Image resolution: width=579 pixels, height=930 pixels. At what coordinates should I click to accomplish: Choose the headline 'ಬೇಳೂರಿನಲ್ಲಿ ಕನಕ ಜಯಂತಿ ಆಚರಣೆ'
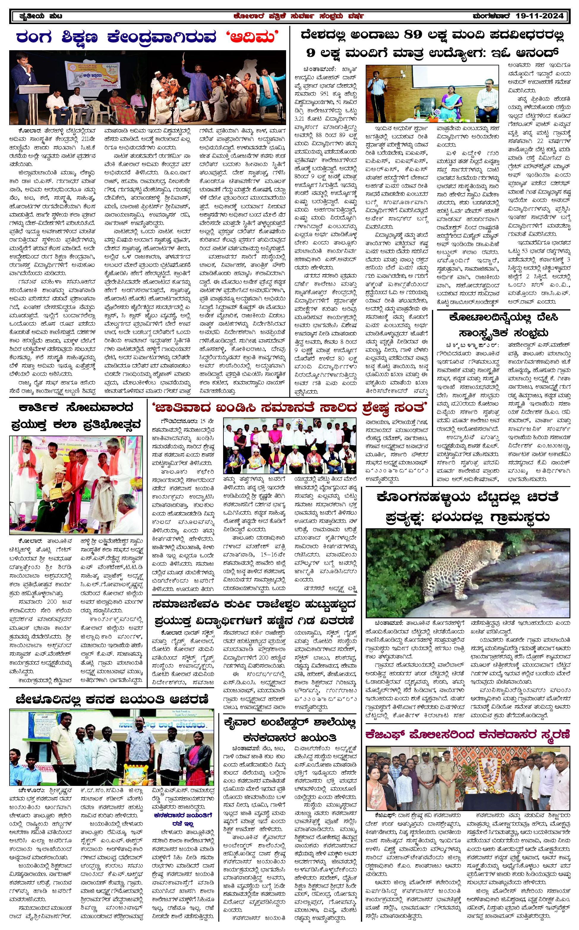click(112, 699)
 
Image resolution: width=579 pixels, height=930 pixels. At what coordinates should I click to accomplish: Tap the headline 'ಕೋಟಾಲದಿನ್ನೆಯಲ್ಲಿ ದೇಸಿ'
click(504, 317)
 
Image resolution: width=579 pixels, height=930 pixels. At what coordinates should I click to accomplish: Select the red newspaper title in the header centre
click(299, 16)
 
